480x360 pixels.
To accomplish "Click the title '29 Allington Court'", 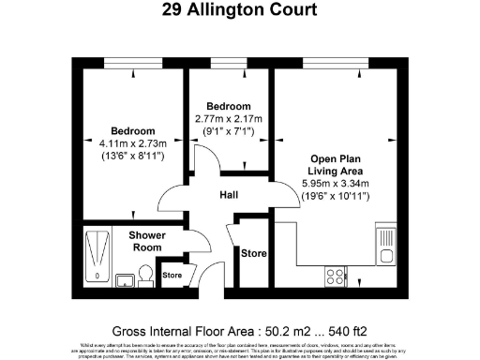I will point(239,10).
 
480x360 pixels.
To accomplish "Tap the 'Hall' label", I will point(228,195).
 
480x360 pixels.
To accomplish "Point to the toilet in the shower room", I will point(144,272).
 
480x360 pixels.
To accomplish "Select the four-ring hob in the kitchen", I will point(334,276).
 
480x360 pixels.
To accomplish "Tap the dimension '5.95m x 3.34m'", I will point(335,184).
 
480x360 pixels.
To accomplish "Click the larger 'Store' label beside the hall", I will point(254,253).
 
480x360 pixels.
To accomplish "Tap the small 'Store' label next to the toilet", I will point(172,276).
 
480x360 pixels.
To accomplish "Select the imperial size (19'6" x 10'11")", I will point(335,197).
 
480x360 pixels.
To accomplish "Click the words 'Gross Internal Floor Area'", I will point(183,331).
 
